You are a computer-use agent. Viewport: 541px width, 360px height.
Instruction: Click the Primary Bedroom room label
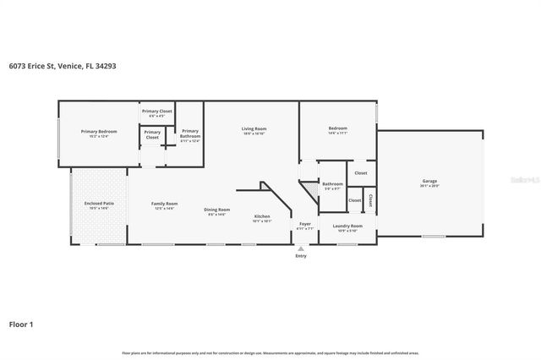pos(99,132)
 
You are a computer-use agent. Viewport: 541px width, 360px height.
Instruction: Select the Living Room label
pos(254,128)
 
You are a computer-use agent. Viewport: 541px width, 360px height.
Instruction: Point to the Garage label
pos(430,181)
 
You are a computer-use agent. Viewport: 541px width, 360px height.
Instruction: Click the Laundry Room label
pos(347,226)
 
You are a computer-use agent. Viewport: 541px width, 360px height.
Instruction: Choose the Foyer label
pos(305,224)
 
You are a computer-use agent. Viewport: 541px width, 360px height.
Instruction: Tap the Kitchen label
pos(262,216)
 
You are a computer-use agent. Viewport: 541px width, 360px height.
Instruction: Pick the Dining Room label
pos(217,210)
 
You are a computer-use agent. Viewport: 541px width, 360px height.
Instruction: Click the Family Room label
pos(164,204)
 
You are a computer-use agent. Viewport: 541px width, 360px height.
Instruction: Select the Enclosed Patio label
pos(99,204)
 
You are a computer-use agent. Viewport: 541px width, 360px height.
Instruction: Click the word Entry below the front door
pos(302,256)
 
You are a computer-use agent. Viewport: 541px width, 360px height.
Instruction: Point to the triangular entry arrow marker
pos(302,248)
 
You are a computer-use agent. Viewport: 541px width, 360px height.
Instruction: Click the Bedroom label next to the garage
pos(338,128)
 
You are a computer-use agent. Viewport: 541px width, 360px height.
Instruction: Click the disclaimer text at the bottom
pos(270,352)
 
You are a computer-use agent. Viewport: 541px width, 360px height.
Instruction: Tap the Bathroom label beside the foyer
pos(332,184)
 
